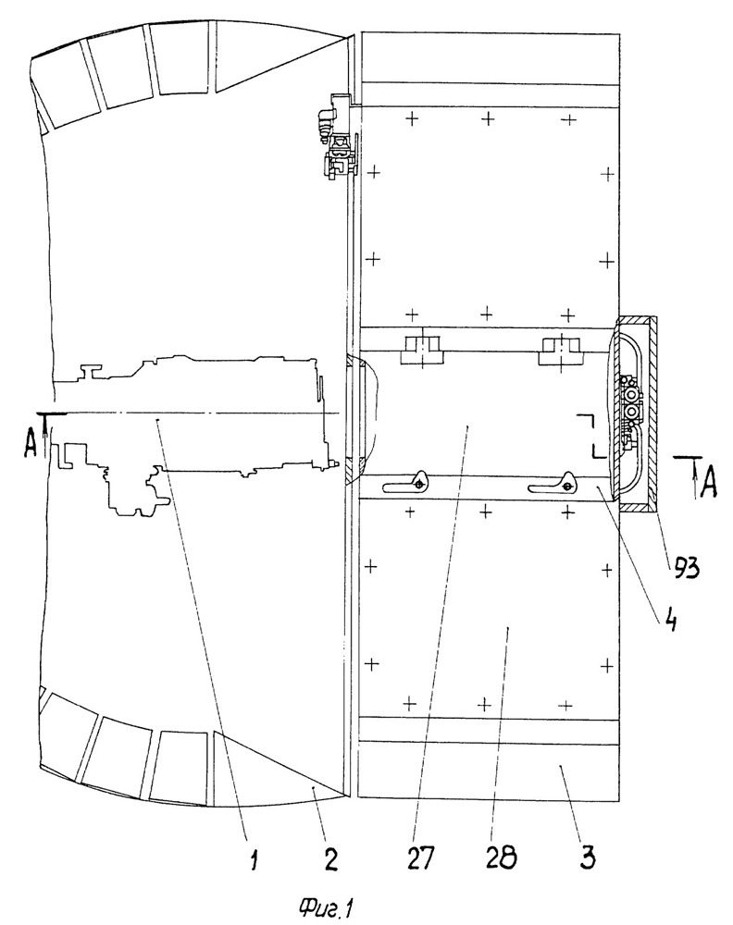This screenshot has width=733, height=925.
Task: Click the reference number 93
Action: [684, 569]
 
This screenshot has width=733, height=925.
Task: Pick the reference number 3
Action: [586, 858]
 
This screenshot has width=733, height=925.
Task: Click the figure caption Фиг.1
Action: [325, 906]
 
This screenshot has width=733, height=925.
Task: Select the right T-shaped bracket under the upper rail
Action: [562, 351]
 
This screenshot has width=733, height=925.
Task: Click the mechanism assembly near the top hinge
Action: [338, 136]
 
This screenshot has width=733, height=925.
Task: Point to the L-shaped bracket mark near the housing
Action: [592, 436]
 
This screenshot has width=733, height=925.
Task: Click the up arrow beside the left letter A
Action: [50, 433]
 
